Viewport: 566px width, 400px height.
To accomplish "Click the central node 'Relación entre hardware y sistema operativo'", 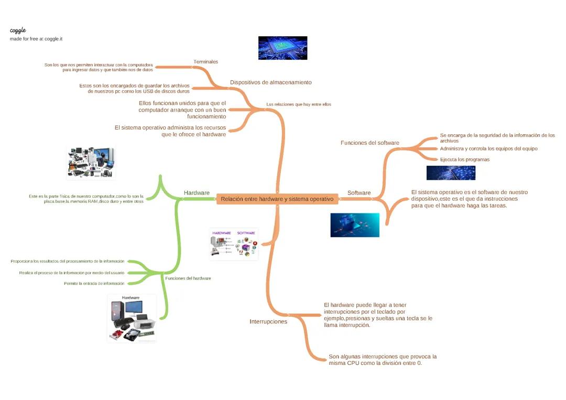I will tap(277, 199).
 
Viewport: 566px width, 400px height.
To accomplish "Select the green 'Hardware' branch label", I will tap(197, 193).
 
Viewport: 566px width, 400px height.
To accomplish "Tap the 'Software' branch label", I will tap(359, 193).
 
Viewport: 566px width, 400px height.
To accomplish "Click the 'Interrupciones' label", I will tap(268, 321).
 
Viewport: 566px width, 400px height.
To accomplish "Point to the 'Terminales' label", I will tap(205, 62).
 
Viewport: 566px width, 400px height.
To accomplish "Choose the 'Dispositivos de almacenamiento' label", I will tap(270, 82).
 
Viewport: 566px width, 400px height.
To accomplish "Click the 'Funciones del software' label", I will tap(369, 143).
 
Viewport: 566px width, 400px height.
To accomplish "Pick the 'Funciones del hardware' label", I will tap(188, 278).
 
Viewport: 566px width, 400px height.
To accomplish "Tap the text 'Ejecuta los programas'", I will tap(465, 159).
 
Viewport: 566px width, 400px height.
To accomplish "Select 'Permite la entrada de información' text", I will tap(94, 283).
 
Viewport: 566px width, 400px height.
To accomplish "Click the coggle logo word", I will tap(18, 30).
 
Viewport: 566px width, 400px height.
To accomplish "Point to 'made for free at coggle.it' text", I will tap(36, 39).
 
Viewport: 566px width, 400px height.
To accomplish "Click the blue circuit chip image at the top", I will tap(282, 48).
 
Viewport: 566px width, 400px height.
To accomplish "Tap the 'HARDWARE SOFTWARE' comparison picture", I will tap(234, 244).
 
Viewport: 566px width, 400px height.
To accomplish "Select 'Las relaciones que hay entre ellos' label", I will tap(299, 104).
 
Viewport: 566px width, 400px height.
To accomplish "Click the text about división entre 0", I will tap(383, 360).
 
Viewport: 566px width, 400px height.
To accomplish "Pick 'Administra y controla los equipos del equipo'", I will tap(488, 149).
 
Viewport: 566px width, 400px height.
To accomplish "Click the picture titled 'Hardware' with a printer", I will tap(132, 318).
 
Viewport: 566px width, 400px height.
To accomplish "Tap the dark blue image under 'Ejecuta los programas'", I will tap(451, 173).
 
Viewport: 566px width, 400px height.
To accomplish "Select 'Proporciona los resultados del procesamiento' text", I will tap(68, 261).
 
